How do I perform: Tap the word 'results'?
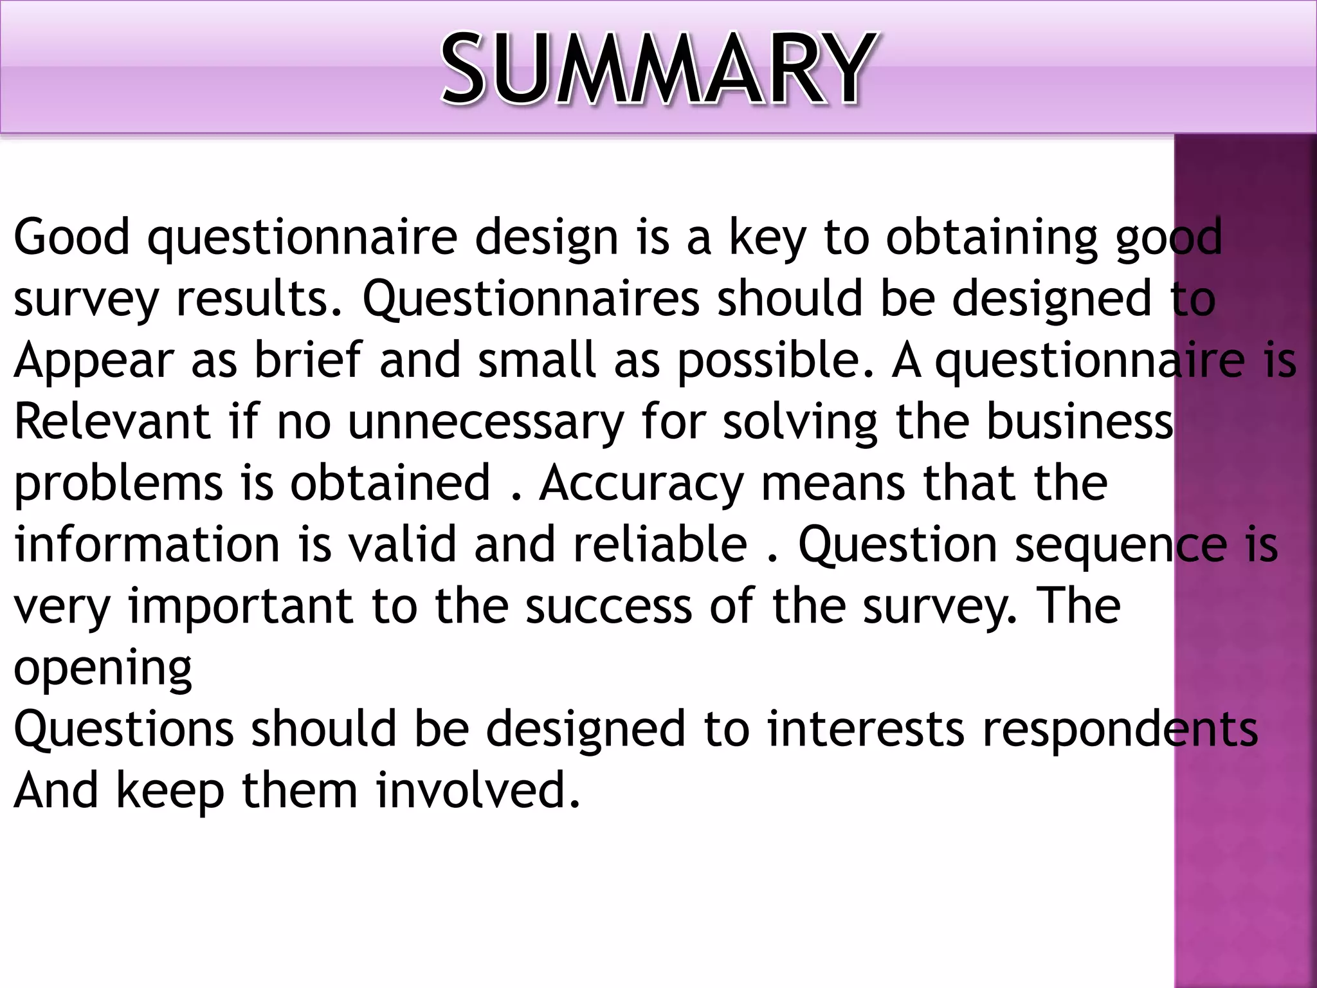click(x=259, y=298)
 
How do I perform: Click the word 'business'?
click(x=1080, y=421)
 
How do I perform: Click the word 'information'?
click(x=147, y=544)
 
